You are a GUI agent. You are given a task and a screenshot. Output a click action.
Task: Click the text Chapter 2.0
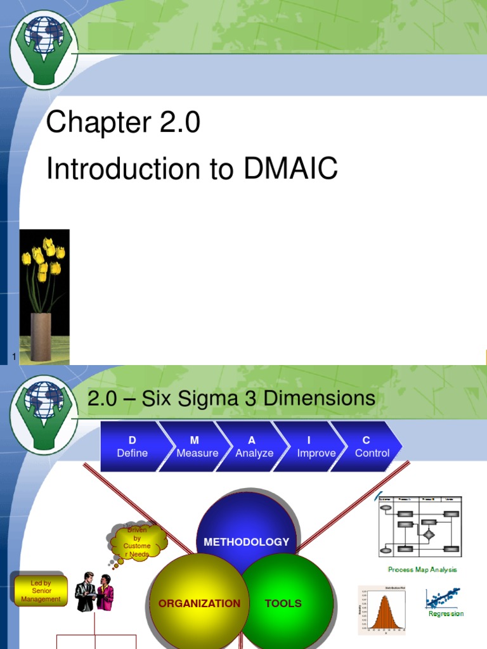pyautogui.click(x=123, y=122)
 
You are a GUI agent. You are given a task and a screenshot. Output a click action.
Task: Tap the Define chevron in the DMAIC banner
pyautogui.click(x=133, y=447)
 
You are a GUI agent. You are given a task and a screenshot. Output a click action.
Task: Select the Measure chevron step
pyautogui.click(x=197, y=447)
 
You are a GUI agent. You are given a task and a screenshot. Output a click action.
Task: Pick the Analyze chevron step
pyautogui.click(x=254, y=447)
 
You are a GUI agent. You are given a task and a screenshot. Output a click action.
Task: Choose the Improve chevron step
pyautogui.click(x=316, y=447)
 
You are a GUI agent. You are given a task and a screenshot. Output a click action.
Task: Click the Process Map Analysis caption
pyautogui.click(x=422, y=570)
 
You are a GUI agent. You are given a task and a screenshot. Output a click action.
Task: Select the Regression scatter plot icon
pyautogui.click(x=444, y=600)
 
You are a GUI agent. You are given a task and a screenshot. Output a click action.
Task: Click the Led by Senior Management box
pyautogui.click(x=41, y=591)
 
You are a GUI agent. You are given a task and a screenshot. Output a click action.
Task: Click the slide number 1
pyautogui.click(x=13, y=357)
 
